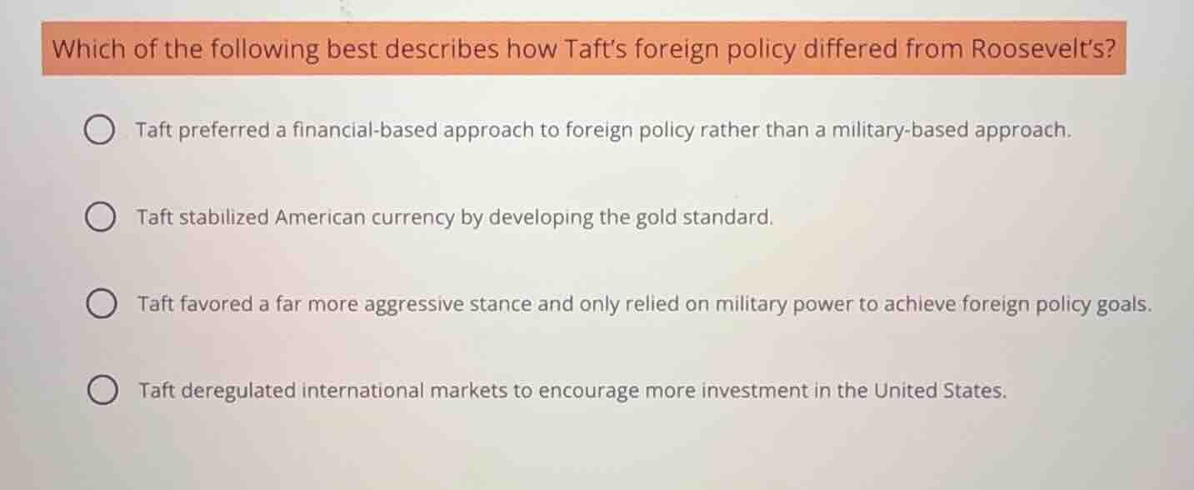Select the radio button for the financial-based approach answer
(99, 131)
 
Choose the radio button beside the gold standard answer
(99, 218)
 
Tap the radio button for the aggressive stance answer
(100, 305)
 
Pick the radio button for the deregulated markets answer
(101, 391)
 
